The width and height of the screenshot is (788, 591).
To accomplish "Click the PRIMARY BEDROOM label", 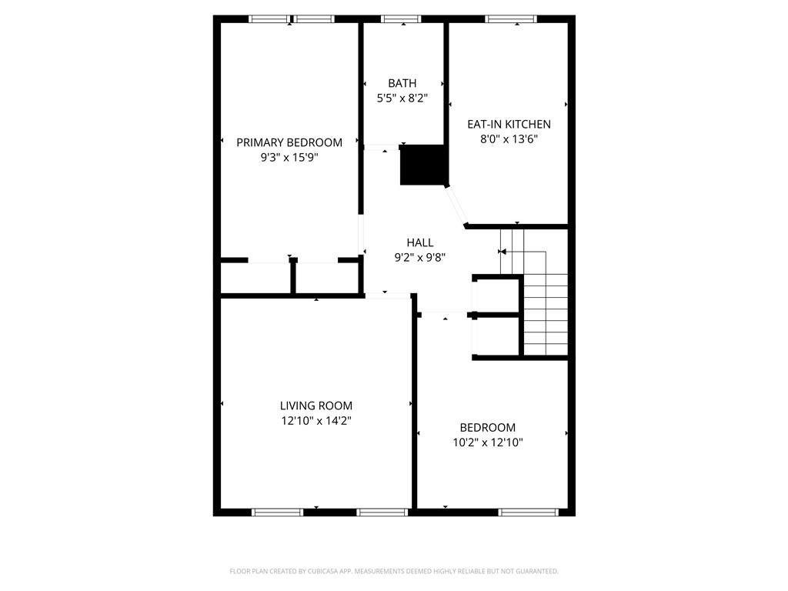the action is pyautogui.click(x=289, y=142).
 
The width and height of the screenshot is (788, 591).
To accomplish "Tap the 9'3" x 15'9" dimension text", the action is pyautogui.click(x=289, y=158).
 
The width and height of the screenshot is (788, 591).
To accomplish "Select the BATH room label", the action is pyautogui.click(x=402, y=83).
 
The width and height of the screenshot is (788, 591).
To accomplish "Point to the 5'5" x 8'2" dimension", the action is pyautogui.click(x=402, y=98).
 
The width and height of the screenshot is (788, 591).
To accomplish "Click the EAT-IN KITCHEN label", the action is pyautogui.click(x=509, y=124).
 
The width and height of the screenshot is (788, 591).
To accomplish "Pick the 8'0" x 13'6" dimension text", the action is pyautogui.click(x=509, y=139).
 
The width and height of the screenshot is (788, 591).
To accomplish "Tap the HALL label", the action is pyautogui.click(x=420, y=242).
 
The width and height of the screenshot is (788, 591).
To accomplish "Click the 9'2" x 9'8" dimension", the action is pyautogui.click(x=420, y=258).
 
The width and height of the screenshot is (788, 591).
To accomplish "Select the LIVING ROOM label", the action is pyautogui.click(x=316, y=406).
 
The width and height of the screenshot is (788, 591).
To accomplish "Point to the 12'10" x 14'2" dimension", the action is pyautogui.click(x=316, y=421).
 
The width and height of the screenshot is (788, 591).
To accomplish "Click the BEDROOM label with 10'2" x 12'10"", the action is pyautogui.click(x=487, y=428).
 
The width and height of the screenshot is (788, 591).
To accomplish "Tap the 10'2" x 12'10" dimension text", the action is pyautogui.click(x=487, y=442).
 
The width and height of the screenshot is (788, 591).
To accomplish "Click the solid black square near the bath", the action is pyautogui.click(x=423, y=165).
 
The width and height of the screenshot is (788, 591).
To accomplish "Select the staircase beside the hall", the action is pyautogui.click(x=534, y=292).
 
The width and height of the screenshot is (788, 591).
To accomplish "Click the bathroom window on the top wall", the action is pyautogui.click(x=401, y=19).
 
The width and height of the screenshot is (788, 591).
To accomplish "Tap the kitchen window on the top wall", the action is pyautogui.click(x=511, y=19).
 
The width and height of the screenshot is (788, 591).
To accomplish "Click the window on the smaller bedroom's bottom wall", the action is pyautogui.click(x=528, y=512).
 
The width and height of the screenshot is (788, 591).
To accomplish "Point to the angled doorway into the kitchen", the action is pyautogui.click(x=457, y=206).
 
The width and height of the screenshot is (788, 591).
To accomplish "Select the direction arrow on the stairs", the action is pyautogui.click(x=523, y=252).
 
